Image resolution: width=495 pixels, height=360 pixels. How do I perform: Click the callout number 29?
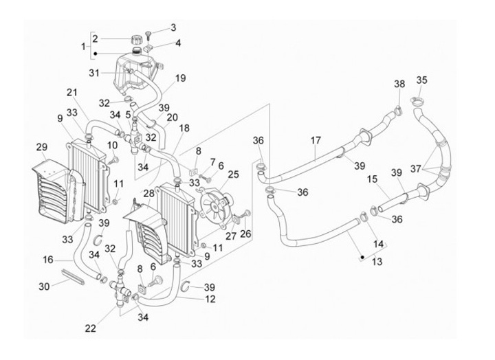point(41,148)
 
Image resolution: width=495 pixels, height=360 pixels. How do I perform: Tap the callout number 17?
point(316,141)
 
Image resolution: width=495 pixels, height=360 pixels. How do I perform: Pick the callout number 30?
point(44,286)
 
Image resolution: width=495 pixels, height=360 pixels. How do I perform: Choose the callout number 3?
point(173,27)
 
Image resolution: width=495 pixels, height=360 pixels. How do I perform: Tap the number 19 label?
point(180,78)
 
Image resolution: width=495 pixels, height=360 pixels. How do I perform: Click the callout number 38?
point(399,85)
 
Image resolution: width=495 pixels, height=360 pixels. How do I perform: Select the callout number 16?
point(48,260)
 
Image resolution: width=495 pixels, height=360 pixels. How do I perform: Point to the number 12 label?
point(210,299)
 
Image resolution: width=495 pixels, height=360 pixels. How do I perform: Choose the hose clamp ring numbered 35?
point(417,103)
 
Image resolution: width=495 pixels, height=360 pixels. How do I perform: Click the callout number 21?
point(72,93)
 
